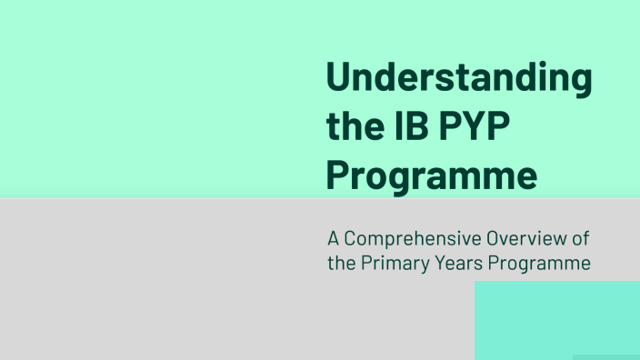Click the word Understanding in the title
pos(458,78)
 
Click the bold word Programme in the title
pos(431,175)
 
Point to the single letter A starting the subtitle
pos(334,240)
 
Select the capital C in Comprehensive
pos(350,240)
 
